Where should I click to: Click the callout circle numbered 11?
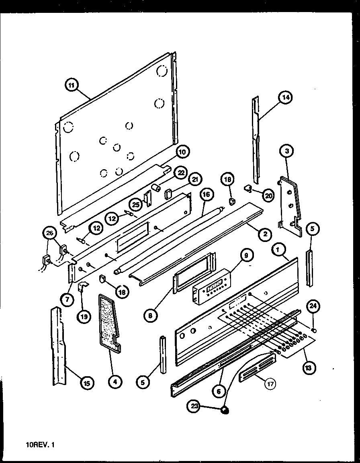(72, 85)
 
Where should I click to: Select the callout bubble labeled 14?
(286, 97)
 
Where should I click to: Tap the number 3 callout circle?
(286, 151)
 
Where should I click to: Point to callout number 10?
(182, 152)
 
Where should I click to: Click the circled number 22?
(181, 172)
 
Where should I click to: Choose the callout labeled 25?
(136, 205)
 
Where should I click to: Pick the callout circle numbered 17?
(270, 384)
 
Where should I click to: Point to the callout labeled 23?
(194, 406)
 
